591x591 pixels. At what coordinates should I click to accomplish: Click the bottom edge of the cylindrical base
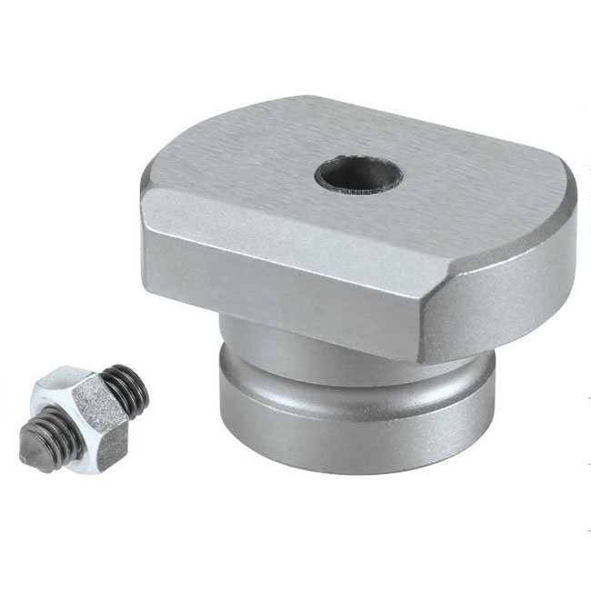355,469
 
